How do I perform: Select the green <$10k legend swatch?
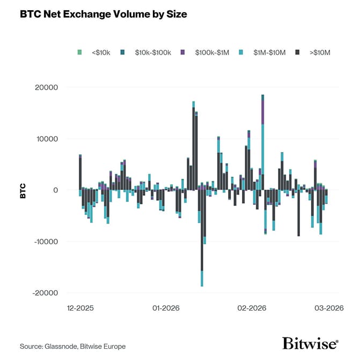pyautogui.click(x=80, y=52)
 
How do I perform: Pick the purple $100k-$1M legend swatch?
pyautogui.click(x=182, y=52)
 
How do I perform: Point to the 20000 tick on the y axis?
pyautogui.click(x=47, y=87)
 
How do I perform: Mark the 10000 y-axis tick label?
pyautogui.click(x=47, y=138)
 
